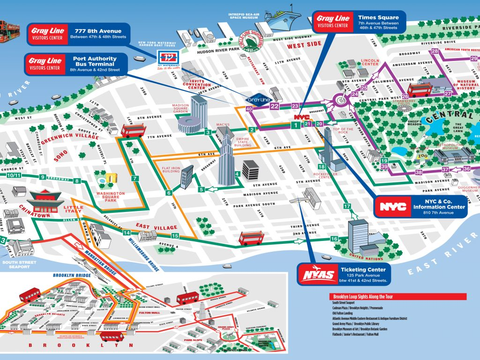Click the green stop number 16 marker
334,239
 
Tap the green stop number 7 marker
135,178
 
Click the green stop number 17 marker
347,206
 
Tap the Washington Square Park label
111,196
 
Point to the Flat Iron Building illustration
187,177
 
